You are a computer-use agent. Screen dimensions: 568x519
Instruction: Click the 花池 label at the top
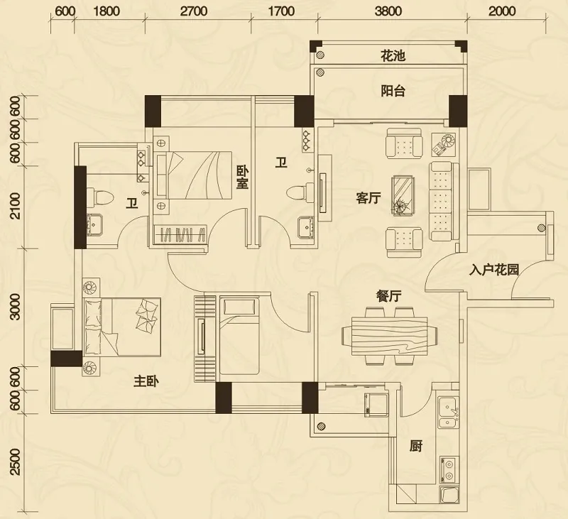point(393,56)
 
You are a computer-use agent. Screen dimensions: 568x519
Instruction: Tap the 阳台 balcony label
point(393,91)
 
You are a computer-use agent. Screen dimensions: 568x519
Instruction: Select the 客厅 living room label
point(368,199)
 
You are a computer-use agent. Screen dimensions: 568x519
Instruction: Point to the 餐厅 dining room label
point(388,297)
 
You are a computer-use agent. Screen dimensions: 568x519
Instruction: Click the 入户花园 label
point(494,270)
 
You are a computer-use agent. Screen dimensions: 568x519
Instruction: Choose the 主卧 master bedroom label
point(146,381)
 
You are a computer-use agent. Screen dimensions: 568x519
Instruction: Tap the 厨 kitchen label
point(416,446)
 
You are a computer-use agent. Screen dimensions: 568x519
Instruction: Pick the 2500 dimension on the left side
point(15,461)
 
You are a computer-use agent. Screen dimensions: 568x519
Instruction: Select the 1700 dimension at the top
point(281,11)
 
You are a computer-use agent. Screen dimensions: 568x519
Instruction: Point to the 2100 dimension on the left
point(15,206)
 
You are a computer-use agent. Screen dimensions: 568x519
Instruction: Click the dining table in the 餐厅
point(389,336)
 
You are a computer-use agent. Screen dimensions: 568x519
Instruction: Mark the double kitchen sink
point(449,413)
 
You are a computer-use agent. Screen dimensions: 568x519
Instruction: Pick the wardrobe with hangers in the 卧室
point(180,234)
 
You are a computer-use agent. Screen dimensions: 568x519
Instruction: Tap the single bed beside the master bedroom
point(239,335)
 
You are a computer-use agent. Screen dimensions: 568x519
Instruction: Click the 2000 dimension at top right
point(502,11)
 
